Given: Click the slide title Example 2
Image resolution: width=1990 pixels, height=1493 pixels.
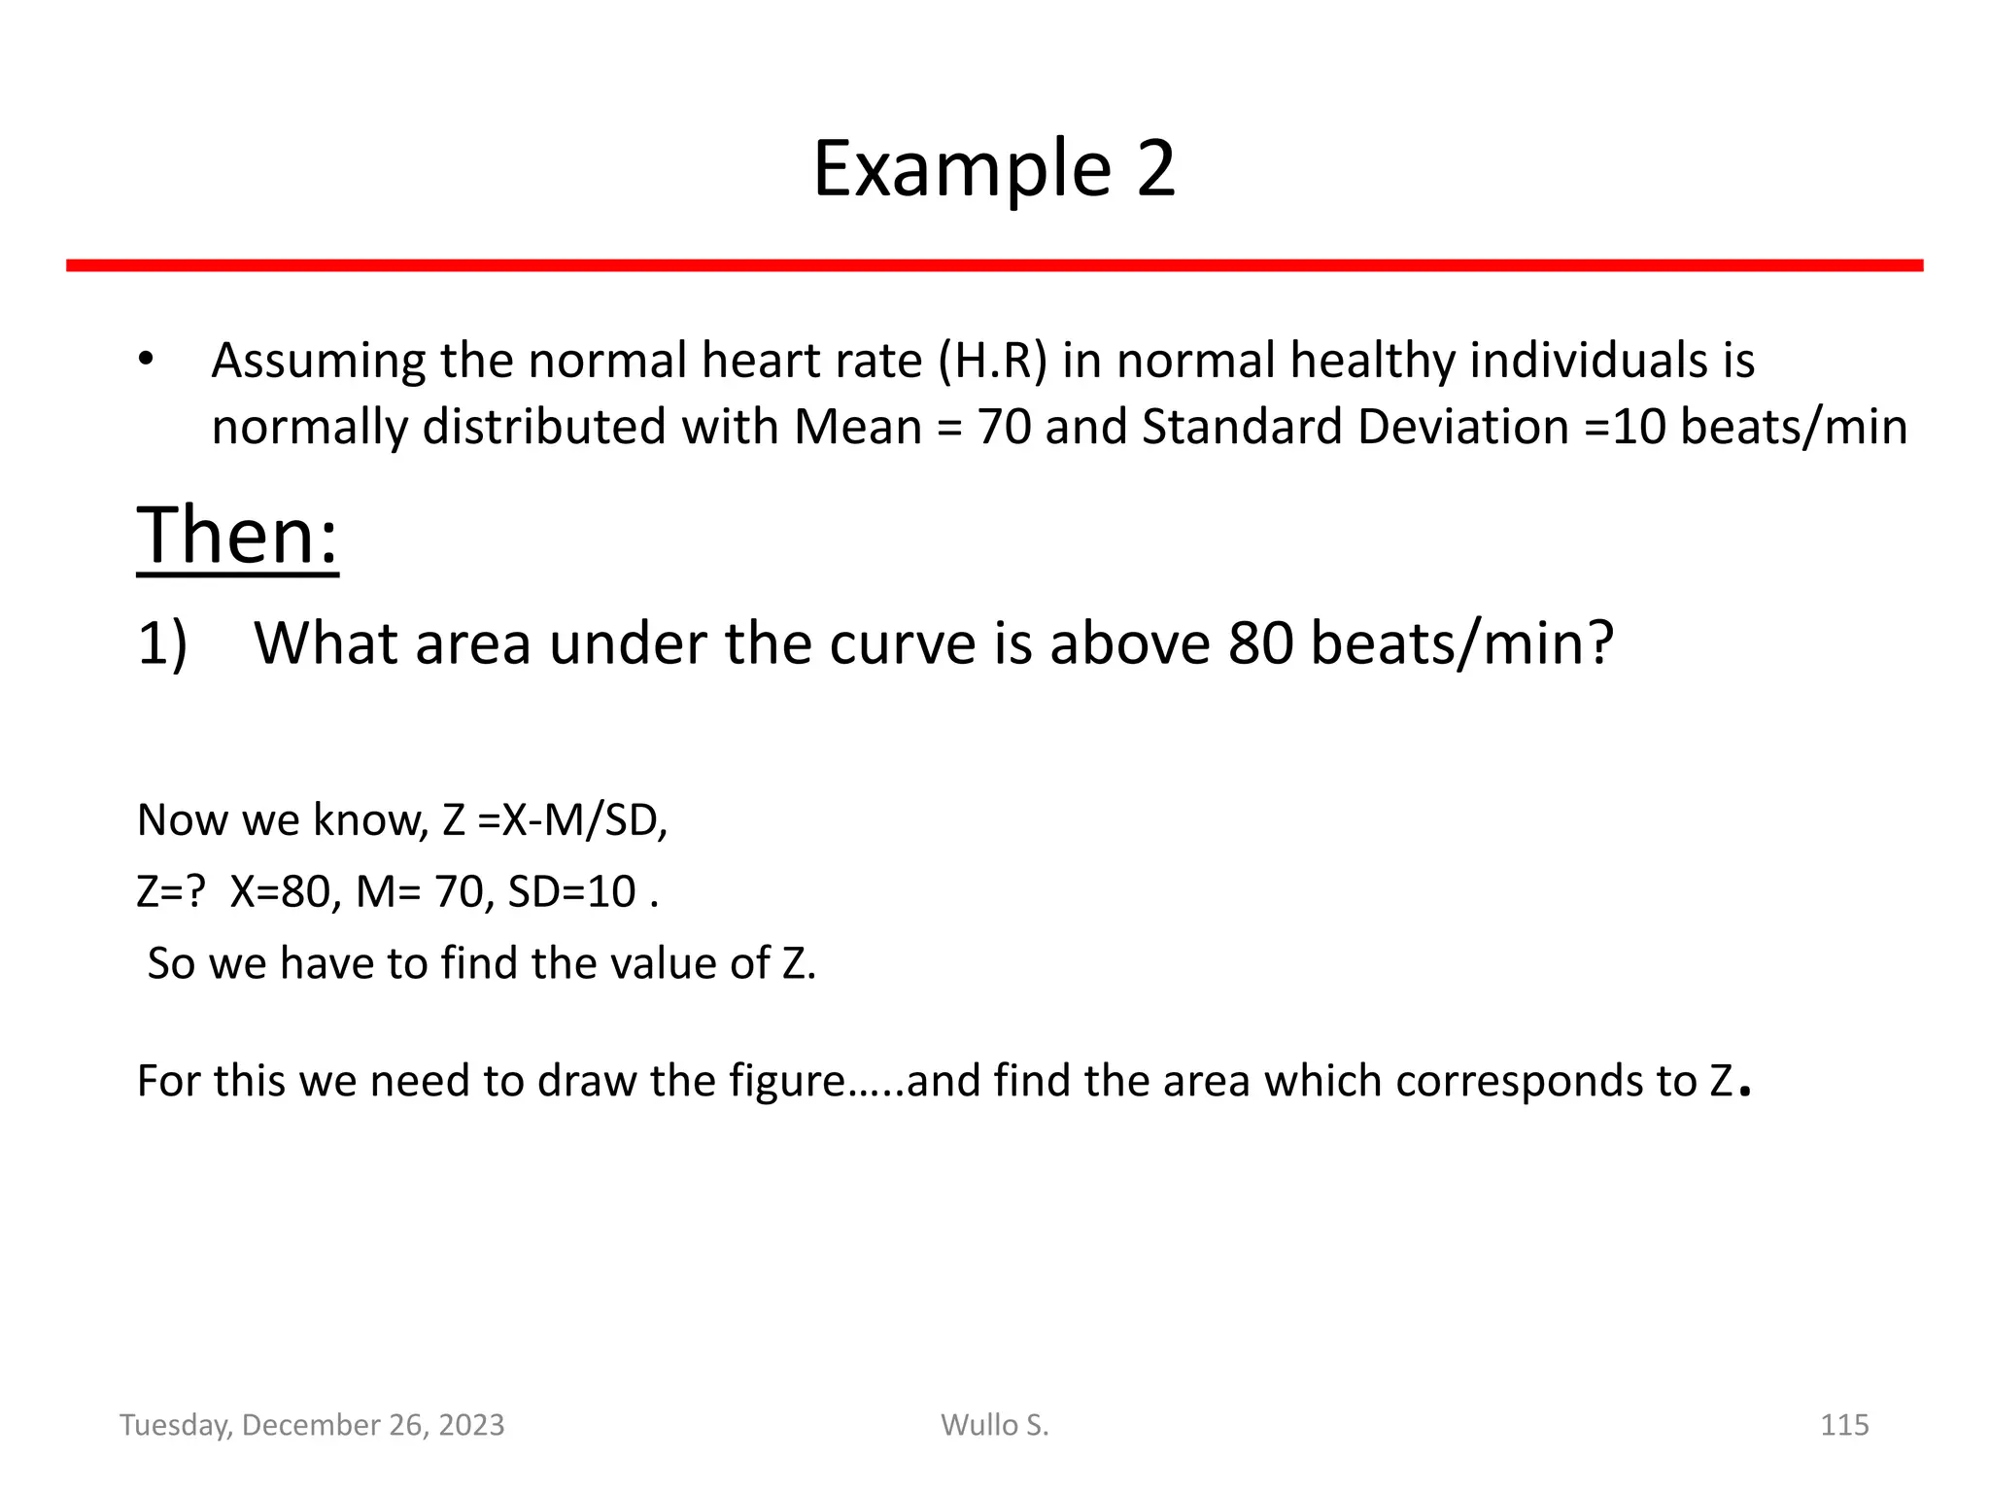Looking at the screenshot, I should click(x=994, y=169).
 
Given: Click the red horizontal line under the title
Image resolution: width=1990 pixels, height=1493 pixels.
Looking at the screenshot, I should click(x=994, y=265).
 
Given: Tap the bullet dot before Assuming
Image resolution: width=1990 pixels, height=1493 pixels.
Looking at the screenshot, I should click(x=146, y=361).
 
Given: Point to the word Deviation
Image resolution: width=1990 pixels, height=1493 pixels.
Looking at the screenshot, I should click(x=1463, y=428).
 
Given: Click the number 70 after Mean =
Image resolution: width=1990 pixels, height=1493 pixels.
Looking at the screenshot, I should click(x=1004, y=428).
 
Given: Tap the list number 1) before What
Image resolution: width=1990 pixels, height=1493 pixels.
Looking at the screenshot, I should click(x=162, y=644).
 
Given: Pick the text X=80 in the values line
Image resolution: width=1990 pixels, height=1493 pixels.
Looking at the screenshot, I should click(x=284, y=892).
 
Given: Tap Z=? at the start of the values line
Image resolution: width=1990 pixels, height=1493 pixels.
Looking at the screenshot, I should click(x=171, y=892).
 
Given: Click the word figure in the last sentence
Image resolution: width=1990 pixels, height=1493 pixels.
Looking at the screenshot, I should click(x=788, y=1082).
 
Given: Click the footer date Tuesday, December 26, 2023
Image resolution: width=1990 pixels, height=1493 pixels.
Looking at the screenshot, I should click(x=312, y=1425).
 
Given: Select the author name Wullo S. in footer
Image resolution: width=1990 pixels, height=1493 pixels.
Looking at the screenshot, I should click(x=994, y=1425).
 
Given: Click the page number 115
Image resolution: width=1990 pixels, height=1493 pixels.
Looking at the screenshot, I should click(x=1843, y=1425).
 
